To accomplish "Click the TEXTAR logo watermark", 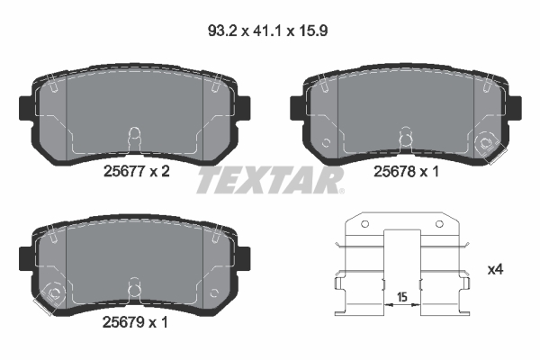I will pyautogui.click(x=270, y=180).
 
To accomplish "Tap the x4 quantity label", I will pyautogui.click(x=495, y=269).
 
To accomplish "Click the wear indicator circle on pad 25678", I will pyautogui.click(x=488, y=142).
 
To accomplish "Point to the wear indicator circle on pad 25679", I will pyautogui.click(x=52, y=293).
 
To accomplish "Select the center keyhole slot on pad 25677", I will pyautogui.click(x=133, y=137).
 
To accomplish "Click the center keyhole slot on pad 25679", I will pyautogui.click(x=133, y=288).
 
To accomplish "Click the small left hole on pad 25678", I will pyautogui.click(x=326, y=142).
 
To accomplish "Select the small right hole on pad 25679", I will pyautogui.click(x=213, y=293).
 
